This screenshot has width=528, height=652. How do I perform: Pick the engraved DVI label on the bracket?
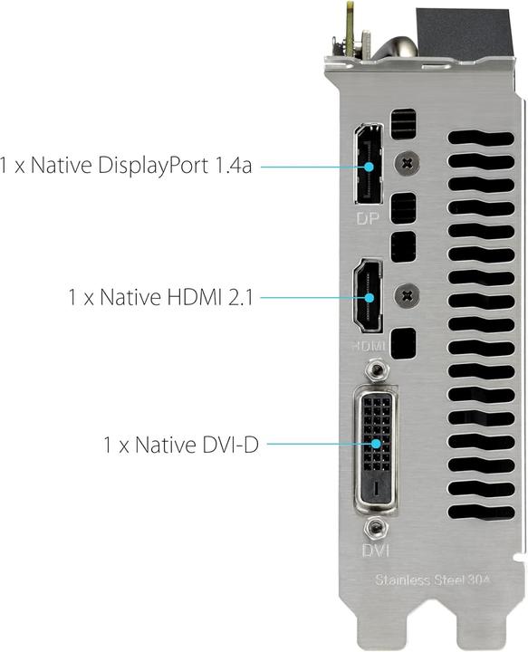[x=373, y=549]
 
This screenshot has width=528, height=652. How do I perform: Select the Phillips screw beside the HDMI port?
[x=408, y=293]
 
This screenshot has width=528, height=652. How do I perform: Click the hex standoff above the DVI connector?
[x=372, y=370]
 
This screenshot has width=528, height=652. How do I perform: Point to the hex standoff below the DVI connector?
[x=372, y=527]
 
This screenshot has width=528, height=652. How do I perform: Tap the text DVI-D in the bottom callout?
[x=226, y=445]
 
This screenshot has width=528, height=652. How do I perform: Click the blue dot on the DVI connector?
[x=372, y=445]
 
